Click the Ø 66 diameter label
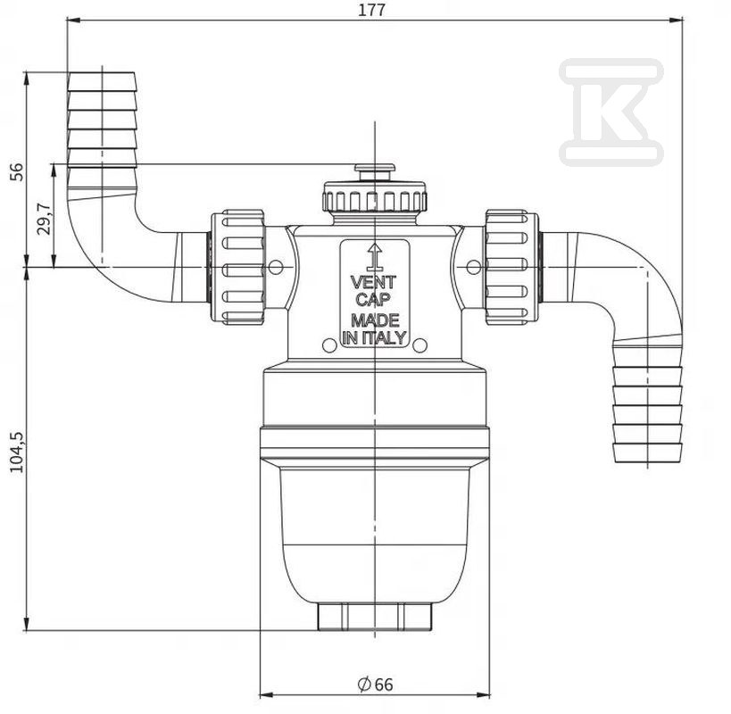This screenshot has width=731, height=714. click(x=374, y=684)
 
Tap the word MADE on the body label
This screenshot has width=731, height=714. click(x=374, y=320)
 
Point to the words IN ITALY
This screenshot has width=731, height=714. click(x=374, y=337)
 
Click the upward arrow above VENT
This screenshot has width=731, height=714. click(x=375, y=256)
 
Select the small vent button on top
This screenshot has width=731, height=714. click(x=374, y=170)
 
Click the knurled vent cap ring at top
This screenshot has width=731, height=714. click(x=374, y=198)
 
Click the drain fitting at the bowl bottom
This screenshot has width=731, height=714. click(x=374, y=617)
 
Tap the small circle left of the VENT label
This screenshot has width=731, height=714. click(x=276, y=266)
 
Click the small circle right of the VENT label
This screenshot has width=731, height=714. click(x=473, y=266)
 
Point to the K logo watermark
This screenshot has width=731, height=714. click(x=611, y=112)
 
